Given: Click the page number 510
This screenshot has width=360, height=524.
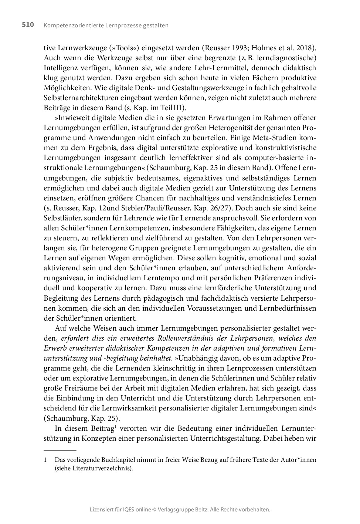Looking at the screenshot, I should (28, 25).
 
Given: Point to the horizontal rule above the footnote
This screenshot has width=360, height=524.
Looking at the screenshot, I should (60, 451).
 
